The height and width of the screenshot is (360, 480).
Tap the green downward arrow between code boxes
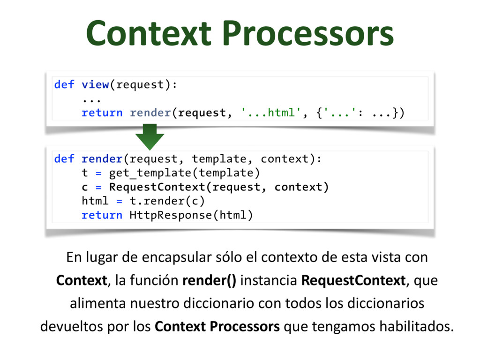(x=150, y=136)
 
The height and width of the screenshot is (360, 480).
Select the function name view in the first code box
(x=95, y=85)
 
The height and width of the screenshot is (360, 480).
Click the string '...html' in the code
(x=269, y=113)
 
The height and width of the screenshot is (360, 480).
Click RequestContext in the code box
(x=157, y=187)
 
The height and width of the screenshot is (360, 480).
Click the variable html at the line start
(x=95, y=201)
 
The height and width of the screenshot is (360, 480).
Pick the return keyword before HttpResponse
(x=102, y=215)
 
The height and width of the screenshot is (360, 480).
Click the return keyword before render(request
(x=102, y=113)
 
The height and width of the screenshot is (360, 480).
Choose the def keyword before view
(x=64, y=85)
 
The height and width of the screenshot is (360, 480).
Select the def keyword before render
(x=64, y=159)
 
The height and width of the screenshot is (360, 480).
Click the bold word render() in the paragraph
(x=210, y=281)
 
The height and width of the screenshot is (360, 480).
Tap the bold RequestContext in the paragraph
(x=353, y=281)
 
